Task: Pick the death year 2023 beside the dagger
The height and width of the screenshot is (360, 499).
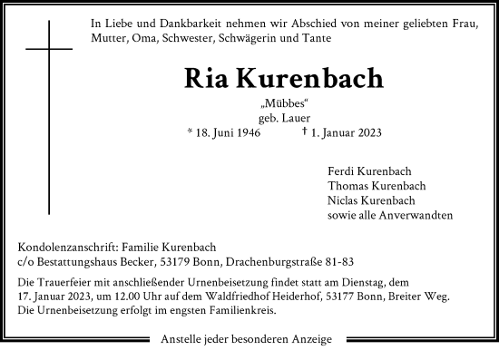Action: [x=369, y=132]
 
